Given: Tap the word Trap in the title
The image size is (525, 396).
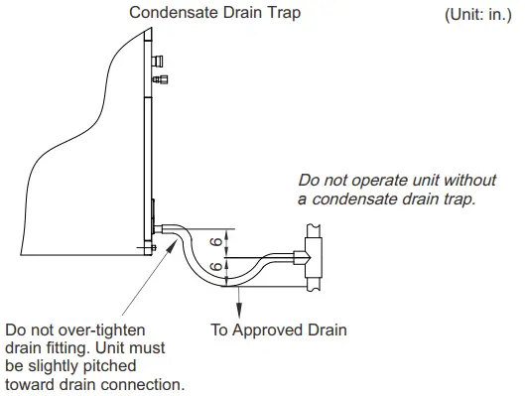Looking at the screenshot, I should tap(282, 13).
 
